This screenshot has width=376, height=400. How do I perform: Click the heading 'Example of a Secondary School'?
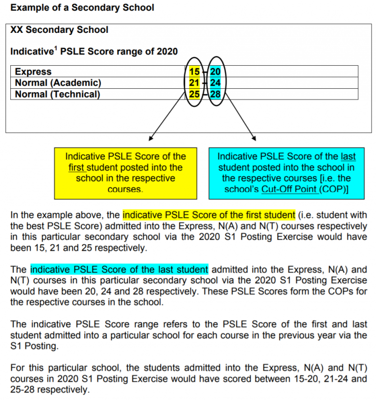(x=82, y=8)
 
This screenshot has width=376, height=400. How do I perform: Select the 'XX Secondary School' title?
(x=59, y=30)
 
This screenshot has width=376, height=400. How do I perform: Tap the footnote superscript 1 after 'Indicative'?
(x=54, y=49)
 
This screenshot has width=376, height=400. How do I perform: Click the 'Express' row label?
(x=33, y=72)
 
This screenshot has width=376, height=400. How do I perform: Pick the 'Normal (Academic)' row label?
(x=58, y=82)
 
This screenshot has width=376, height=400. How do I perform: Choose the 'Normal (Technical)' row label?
(x=57, y=94)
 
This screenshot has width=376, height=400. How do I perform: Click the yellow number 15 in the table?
(x=194, y=72)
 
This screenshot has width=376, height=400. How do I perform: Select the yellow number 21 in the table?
(x=194, y=82)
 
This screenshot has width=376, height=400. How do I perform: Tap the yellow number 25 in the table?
(x=194, y=94)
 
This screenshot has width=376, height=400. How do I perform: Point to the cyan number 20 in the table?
(x=215, y=72)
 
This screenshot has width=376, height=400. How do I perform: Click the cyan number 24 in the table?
(x=215, y=82)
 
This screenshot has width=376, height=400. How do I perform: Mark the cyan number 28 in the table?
(x=215, y=94)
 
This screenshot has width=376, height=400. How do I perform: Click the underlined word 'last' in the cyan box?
(x=348, y=157)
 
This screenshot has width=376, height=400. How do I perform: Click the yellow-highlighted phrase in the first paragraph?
(x=209, y=215)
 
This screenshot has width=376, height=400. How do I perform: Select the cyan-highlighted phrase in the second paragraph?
(x=119, y=270)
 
